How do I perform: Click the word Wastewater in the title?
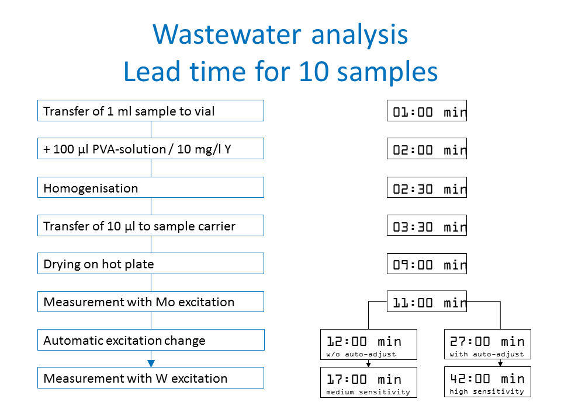pos(227,34)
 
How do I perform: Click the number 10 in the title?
pos(314,71)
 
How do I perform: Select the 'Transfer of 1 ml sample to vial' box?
pos(151,111)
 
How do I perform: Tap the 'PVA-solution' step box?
pos(151,149)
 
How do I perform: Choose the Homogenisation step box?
pos(151,187)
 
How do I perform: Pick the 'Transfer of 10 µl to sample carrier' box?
pos(151,225)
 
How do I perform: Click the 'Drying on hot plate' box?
pos(151,264)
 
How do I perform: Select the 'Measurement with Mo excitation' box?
pos(151,302)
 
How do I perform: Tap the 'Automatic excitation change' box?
pos(151,339)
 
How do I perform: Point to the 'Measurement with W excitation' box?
pos(151,378)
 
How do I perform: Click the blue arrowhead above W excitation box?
pos(151,363)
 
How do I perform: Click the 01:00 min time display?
pos(427,111)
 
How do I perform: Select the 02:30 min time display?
pos(427,187)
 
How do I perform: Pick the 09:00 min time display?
pos(427,264)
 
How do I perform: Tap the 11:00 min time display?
pos(427,302)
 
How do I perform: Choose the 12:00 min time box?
pos(369,344)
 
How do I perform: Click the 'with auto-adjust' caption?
pos(487,354)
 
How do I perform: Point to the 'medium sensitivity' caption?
pos(368,392)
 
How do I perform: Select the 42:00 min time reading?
pos(487,379)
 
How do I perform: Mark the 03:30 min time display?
pos(427,225)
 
